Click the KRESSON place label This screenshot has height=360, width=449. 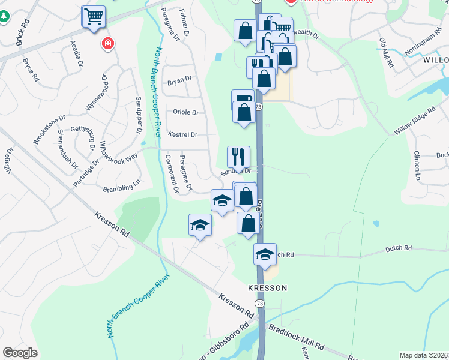tap(268, 288)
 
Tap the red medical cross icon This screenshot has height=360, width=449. tap(107, 43)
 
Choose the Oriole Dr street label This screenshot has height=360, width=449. tap(185, 112)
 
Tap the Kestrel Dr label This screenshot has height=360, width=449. tap(182, 134)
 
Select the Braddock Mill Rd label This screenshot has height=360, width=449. tap(296, 338)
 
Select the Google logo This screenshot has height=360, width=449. tap(20, 353)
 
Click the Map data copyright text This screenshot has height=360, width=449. tap(423, 355)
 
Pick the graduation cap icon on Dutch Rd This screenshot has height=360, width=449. tap(265, 254)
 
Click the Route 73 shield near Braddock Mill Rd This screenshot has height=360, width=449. tap(260, 322)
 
